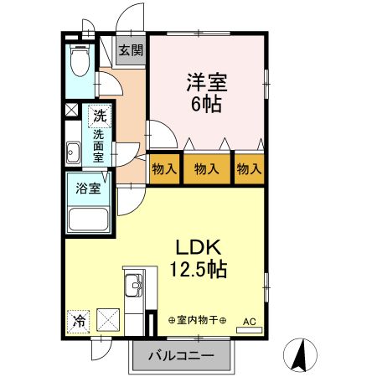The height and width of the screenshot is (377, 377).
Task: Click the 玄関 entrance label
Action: point(130,49)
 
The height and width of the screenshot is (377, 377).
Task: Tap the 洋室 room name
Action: point(207,83)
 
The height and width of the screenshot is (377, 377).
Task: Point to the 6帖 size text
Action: point(207,106)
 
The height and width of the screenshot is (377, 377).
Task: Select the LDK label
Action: point(199,249)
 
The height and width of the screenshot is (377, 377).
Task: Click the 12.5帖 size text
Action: point(199,271)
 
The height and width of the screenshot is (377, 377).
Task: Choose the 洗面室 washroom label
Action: point(99,145)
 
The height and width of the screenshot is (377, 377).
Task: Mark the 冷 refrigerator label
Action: point(78,320)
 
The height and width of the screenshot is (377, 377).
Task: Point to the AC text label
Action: point(250,320)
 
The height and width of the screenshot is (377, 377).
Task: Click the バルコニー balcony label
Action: point(181,356)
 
